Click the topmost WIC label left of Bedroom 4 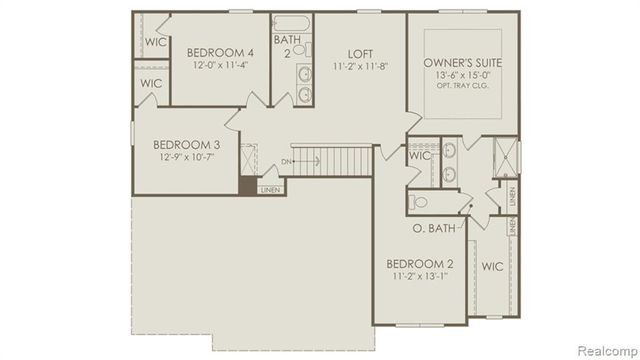(154, 43)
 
